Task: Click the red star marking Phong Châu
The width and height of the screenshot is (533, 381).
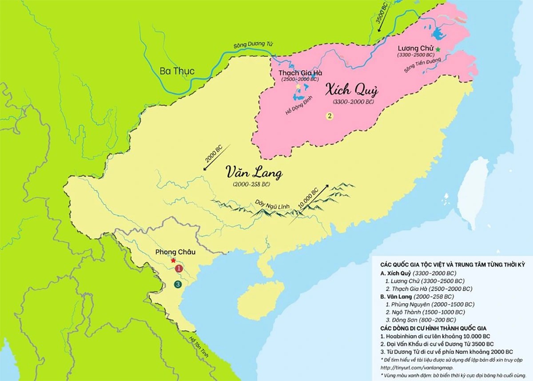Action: click(x=173, y=260)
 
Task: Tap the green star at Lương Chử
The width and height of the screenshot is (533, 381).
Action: click(x=438, y=49)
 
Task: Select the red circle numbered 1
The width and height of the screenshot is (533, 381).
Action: click(x=179, y=269)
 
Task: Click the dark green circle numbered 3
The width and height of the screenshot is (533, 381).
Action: click(x=178, y=284)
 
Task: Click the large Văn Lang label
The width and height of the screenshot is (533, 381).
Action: click(x=253, y=172)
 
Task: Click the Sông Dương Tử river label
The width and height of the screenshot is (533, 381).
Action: click(x=250, y=46)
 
